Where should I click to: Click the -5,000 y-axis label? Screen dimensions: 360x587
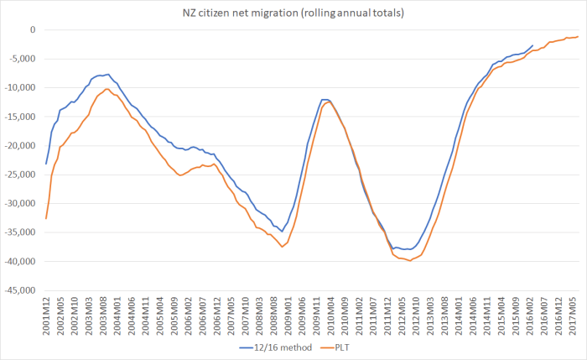(22, 59)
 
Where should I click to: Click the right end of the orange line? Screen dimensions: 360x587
(578, 36)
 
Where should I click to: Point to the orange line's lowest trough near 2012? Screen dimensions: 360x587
(408, 261)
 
